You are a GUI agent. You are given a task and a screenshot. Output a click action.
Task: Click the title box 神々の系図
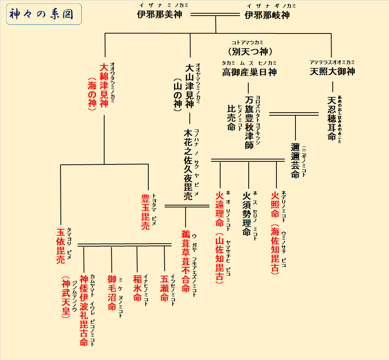pyautogui.click(x=44, y=14)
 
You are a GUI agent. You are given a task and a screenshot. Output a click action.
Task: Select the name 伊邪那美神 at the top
pyautogui.click(x=160, y=15)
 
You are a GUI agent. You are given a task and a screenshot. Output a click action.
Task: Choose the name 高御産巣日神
pyautogui.click(x=249, y=72)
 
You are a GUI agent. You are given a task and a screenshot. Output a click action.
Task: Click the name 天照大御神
pyautogui.click(x=332, y=72)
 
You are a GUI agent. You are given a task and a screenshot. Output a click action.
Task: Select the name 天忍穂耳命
pyautogui.click(x=332, y=118)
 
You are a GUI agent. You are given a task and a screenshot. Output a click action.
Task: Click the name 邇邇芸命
pyautogui.click(x=295, y=160)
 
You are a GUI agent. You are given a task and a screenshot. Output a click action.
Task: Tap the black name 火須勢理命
pyautogui.click(x=248, y=213)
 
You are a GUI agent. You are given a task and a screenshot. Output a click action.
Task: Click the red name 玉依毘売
pyautogui.click(x=61, y=246)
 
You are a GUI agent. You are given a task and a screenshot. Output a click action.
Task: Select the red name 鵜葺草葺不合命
pyautogui.click(x=185, y=261)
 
